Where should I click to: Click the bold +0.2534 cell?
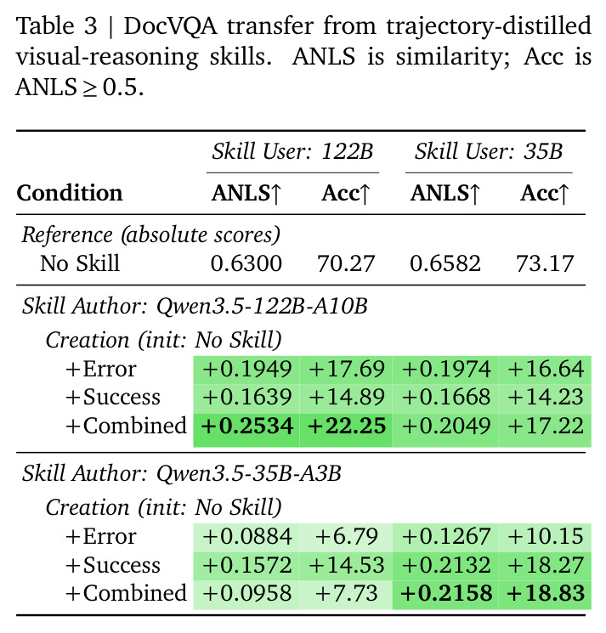click(x=247, y=427)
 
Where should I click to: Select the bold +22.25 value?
click(x=347, y=427)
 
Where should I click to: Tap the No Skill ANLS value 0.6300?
click(x=246, y=263)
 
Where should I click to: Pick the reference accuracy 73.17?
click(x=545, y=263)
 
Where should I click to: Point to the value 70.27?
click(x=347, y=263)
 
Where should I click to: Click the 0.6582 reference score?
click(x=445, y=263)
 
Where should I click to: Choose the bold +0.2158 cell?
click(x=446, y=593)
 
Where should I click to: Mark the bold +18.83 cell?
click(x=546, y=593)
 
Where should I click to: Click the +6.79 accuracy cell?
click(x=347, y=536)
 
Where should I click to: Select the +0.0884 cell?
click(x=247, y=536)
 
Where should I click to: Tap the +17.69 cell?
click(x=347, y=369)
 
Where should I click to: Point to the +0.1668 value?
click(x=446, y=397)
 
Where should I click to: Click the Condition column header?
click(x=70, y=193)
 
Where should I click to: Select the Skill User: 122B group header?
click(x=292, y=152)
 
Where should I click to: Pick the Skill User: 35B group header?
click(x=489, y=152)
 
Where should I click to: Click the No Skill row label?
click(x=80, y=263)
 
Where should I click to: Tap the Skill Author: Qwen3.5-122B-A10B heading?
click(x=195, y=307)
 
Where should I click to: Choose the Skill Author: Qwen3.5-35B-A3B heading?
click(x=182, y=473)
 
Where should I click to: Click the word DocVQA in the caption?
click(x=170, y=26)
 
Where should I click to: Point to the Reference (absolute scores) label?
click(x=150, y=235)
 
